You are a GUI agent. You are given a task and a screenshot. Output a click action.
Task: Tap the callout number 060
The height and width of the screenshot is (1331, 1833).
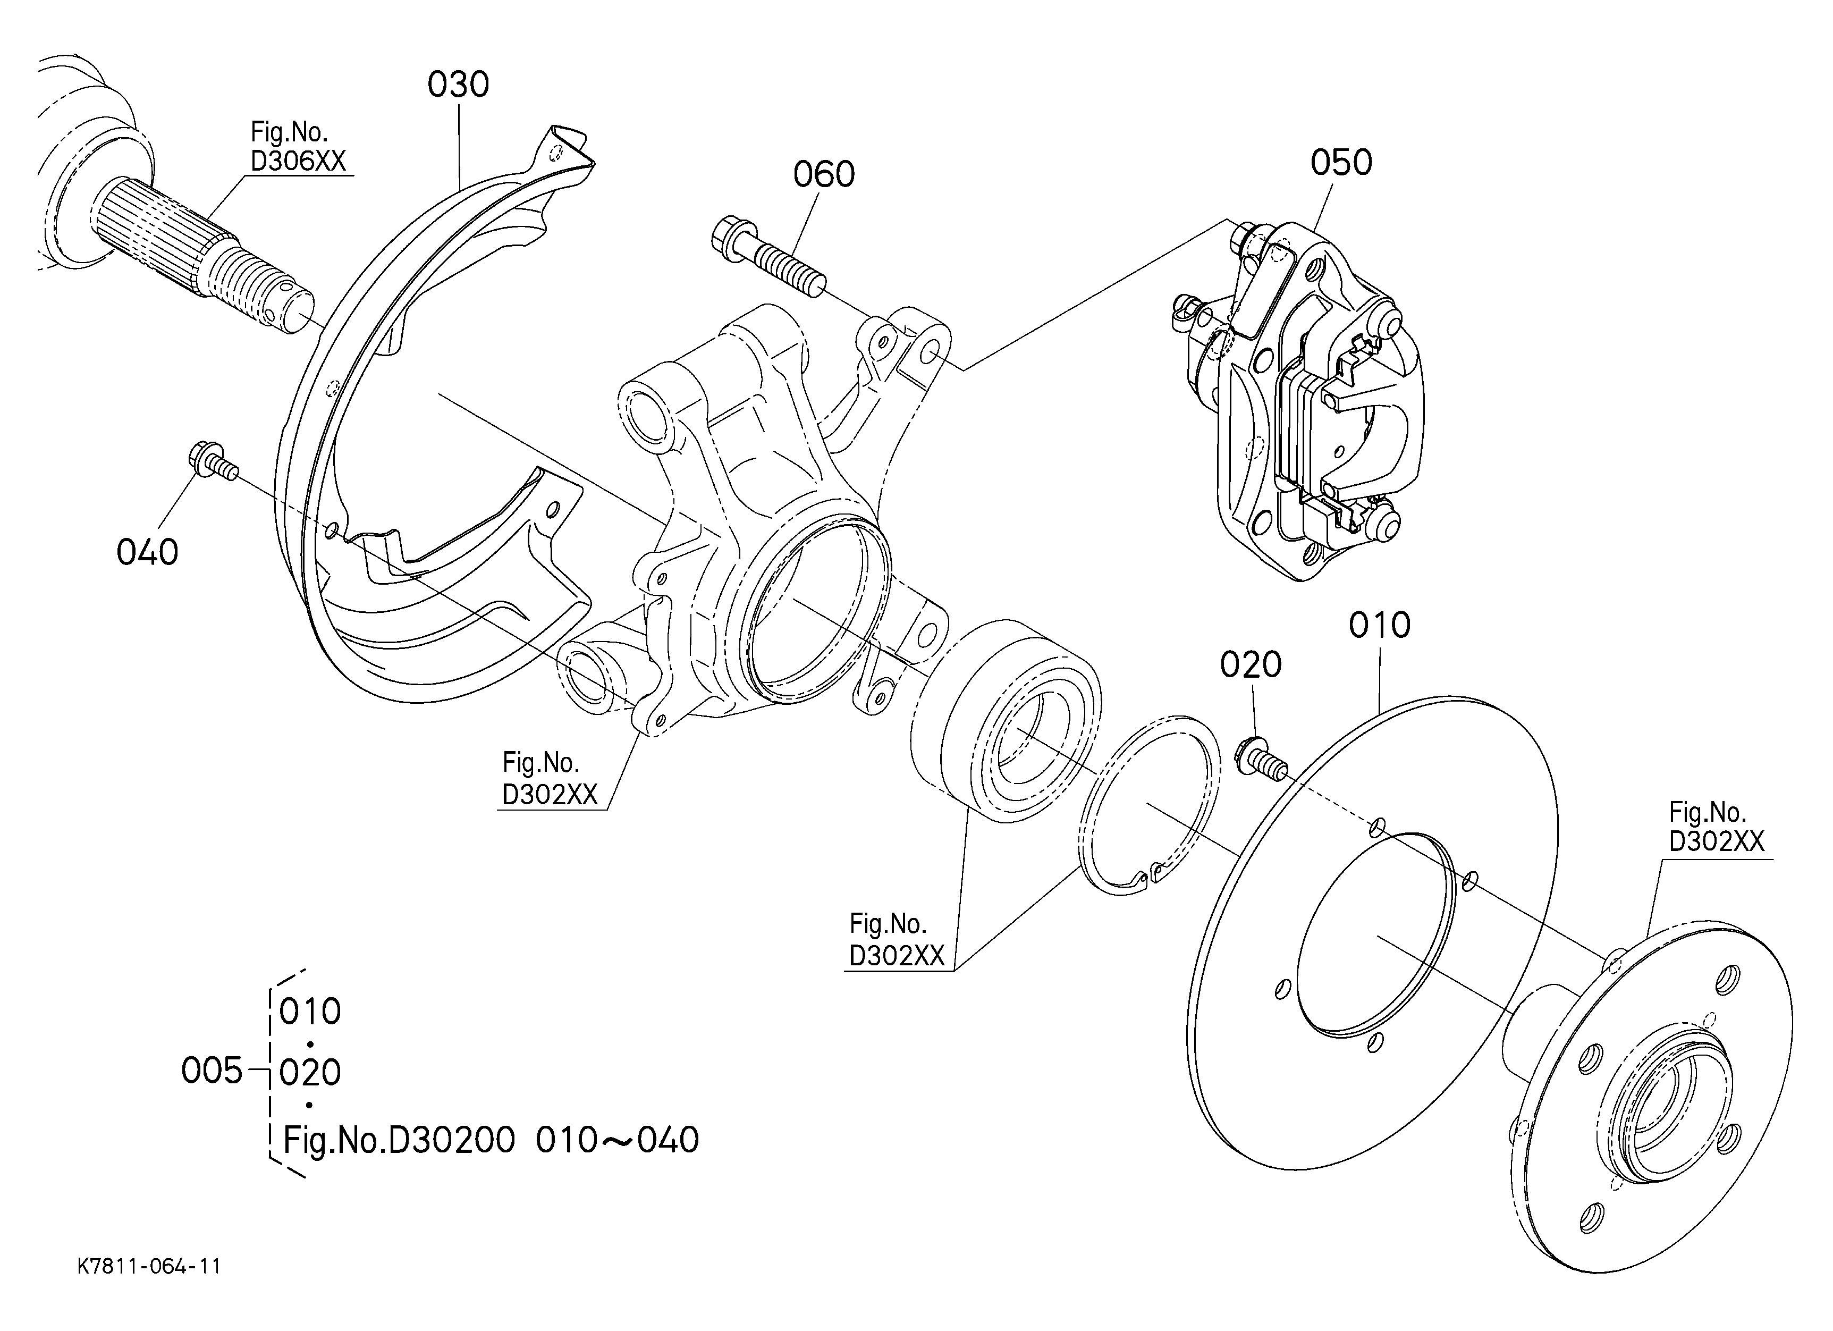tap(824, 174)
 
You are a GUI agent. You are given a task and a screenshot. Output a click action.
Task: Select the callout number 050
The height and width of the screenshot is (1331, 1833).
tap(1341, 163)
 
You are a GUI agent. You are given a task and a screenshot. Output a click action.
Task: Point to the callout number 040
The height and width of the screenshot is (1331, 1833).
tap(147, 553)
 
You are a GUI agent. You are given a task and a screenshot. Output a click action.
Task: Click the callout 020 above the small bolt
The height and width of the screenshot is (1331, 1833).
tap(1251, 665)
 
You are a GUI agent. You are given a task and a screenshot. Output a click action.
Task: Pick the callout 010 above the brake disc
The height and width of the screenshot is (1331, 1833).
tap(1380, 625)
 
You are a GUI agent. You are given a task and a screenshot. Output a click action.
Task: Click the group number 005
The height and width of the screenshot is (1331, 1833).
tap(212, 1072)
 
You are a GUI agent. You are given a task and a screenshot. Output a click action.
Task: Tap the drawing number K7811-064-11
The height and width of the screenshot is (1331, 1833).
tap(149, 1266)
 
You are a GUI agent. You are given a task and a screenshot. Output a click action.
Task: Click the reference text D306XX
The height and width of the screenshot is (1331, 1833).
tap(298, 162)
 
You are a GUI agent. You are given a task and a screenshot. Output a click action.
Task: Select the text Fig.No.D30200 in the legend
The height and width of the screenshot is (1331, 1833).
tap(399, 1140)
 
